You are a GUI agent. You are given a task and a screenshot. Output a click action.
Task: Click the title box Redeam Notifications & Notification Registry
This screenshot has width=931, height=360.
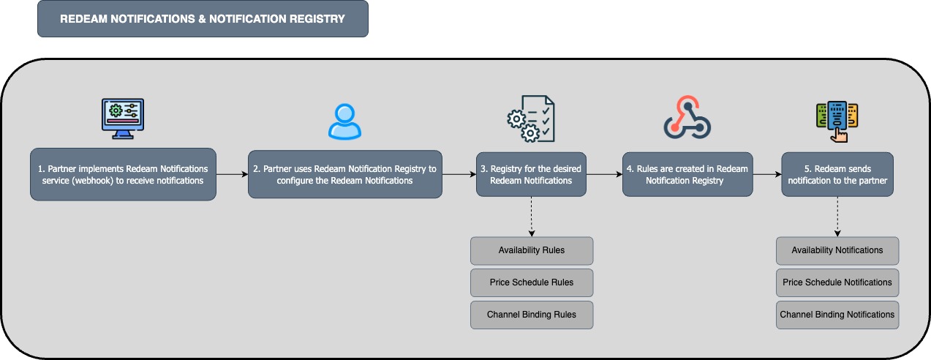pos(203,19)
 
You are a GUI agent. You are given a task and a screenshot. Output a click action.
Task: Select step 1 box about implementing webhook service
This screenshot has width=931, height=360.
pos(123,174)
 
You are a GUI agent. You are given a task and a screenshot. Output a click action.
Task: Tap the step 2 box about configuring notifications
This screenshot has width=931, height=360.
pos(345,174)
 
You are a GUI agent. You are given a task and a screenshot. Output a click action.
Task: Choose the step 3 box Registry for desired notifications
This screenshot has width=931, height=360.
pos(531,174)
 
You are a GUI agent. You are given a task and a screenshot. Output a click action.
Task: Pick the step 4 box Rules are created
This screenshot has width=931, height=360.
pos(687,174)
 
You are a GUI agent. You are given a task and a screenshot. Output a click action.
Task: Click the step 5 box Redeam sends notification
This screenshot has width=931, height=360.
pos(837,174)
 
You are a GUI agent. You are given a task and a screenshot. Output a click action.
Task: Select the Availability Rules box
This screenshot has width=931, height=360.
pos(532,251)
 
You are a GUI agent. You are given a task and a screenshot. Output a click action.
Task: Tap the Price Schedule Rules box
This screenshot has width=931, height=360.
pos(532,282)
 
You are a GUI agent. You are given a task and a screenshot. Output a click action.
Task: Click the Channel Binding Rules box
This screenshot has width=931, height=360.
pos(532,315)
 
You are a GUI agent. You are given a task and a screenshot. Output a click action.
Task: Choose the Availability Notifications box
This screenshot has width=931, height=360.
pos(837,251)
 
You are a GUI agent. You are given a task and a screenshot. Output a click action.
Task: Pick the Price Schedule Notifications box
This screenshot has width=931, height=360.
pos(837,282)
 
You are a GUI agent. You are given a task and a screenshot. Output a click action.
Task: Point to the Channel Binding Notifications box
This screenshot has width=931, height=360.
pos(837,315)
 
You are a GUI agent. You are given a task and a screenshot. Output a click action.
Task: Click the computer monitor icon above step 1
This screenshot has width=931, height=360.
pos(123,119)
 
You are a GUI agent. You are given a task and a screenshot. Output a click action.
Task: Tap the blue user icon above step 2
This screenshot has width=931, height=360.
pos(344,121)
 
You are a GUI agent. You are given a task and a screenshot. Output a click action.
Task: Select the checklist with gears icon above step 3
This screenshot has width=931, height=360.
pos(531,119)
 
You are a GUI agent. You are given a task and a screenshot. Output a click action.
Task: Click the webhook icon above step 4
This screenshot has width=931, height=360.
pos(687,118)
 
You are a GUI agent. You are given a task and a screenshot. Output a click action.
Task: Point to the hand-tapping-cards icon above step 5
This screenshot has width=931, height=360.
pos(837,121)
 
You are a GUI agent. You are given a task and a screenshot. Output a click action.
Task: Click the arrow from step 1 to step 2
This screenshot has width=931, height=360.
pos(232,174)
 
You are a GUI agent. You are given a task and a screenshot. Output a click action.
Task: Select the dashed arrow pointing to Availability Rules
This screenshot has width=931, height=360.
pos(531,217)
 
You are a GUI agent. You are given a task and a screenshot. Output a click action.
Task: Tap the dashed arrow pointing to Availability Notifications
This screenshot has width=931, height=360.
pos(837,217)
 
